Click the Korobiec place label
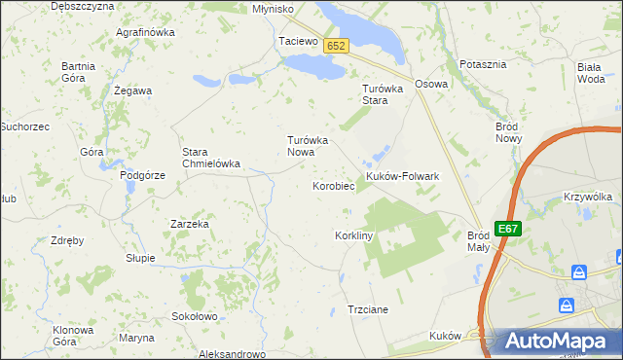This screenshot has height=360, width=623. coord(331,185)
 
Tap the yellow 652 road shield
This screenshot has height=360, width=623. coord(336,46)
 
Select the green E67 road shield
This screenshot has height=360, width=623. coord(507,229)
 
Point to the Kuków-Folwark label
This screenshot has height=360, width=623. coord(403,176)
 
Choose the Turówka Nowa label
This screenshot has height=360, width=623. coord(308,146)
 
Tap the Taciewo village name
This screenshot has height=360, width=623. coord(298,42)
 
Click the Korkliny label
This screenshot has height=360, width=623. coord(354,236)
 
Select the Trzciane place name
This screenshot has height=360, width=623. coord(368,309)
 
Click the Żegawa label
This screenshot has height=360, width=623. coord(132,90)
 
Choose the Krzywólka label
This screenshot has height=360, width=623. coord(587,197)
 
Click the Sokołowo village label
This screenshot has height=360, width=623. coord(194,316)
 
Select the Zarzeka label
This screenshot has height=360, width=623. coord(190,224)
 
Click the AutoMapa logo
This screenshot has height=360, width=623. coord(554,342)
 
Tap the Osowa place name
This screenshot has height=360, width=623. coord(431,84)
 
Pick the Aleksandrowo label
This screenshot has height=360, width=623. coord(232,354)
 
